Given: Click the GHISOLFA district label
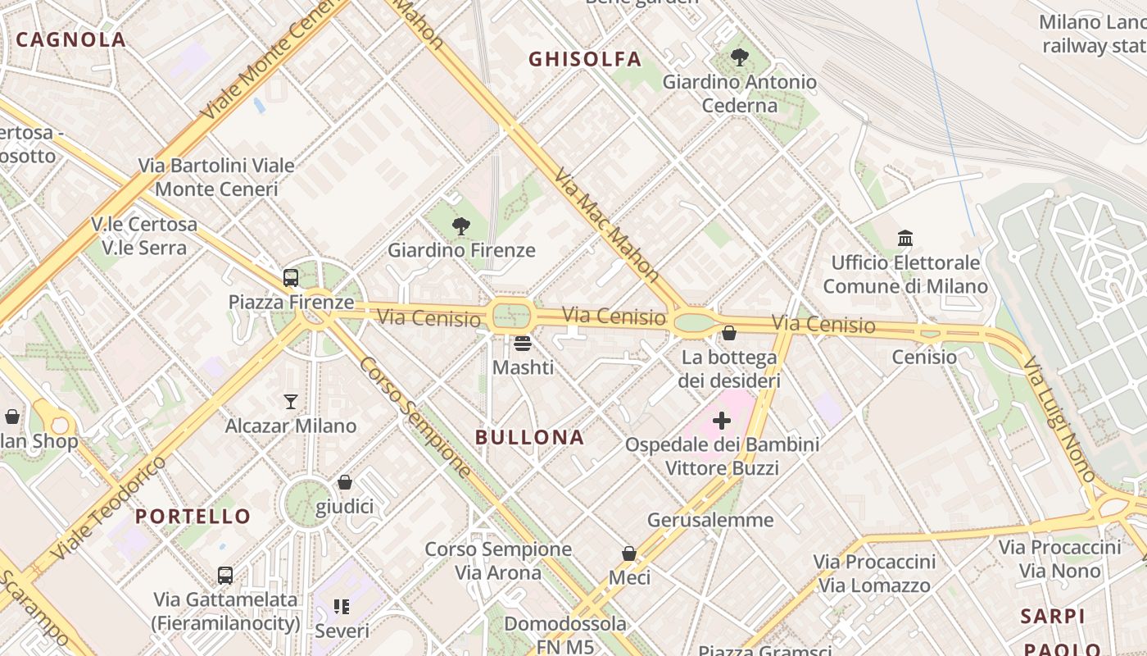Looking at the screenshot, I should (584, 59).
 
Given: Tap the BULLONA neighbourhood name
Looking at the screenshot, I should (529, 437).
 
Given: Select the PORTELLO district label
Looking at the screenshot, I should (193, 516).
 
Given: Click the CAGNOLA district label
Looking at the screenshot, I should (70, 39).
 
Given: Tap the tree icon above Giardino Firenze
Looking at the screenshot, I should (461, 226).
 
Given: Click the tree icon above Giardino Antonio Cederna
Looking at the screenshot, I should (739, 57).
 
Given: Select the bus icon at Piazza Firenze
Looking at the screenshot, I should (291, 278).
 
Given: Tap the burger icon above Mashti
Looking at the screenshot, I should (523, 343).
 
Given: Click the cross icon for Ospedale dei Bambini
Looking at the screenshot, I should (722, 421).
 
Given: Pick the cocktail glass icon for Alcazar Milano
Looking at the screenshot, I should (291, 402).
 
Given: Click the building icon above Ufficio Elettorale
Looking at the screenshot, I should (905, 239).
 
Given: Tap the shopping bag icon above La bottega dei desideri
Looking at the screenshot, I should (728, 333).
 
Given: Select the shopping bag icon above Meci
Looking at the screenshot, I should (629, 553).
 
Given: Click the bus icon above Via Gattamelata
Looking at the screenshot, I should (225, 576).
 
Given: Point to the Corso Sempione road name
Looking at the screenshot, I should (415, 418).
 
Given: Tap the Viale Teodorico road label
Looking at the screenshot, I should (107, 508).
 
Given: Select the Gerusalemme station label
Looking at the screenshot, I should (710, 520).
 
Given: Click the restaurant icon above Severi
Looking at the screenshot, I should (342, 607).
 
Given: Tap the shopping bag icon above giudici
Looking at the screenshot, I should (345, 482).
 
